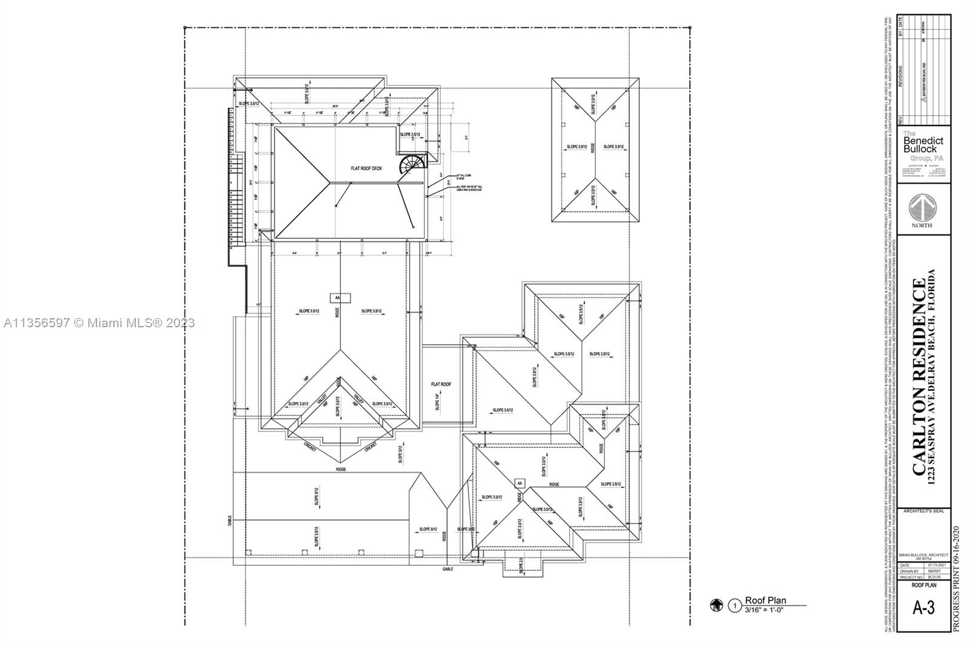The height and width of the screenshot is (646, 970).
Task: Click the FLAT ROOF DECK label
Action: click(x=366, y=168)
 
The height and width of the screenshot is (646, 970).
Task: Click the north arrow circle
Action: click(x=922, y=208)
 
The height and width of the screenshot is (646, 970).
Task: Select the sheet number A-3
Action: click(x=923, y=608)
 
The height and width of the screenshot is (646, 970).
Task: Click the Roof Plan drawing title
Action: click(x=765, y=601)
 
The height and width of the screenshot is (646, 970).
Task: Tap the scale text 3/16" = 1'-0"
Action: click(x=764, y=610)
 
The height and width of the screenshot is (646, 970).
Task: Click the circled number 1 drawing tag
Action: click(x=735, y=605)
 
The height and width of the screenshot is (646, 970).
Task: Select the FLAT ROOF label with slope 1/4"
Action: click(x=441, y=384)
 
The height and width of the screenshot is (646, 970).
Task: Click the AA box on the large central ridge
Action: click(x=338, y=298)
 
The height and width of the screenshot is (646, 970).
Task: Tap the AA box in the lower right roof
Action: click(x=519, y=483)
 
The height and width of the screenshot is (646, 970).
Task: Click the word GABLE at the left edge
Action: click(x=230, y=520)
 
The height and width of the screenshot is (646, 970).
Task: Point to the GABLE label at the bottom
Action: click(x=448, y=569)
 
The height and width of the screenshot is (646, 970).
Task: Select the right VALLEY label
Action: click(x=358, y=399)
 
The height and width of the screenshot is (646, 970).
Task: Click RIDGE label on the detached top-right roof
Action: click(x=594, y=147)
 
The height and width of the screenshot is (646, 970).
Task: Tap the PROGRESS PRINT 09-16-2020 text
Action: click(x=957, y=579)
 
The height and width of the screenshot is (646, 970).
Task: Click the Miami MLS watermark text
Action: click(x=99, y=323)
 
